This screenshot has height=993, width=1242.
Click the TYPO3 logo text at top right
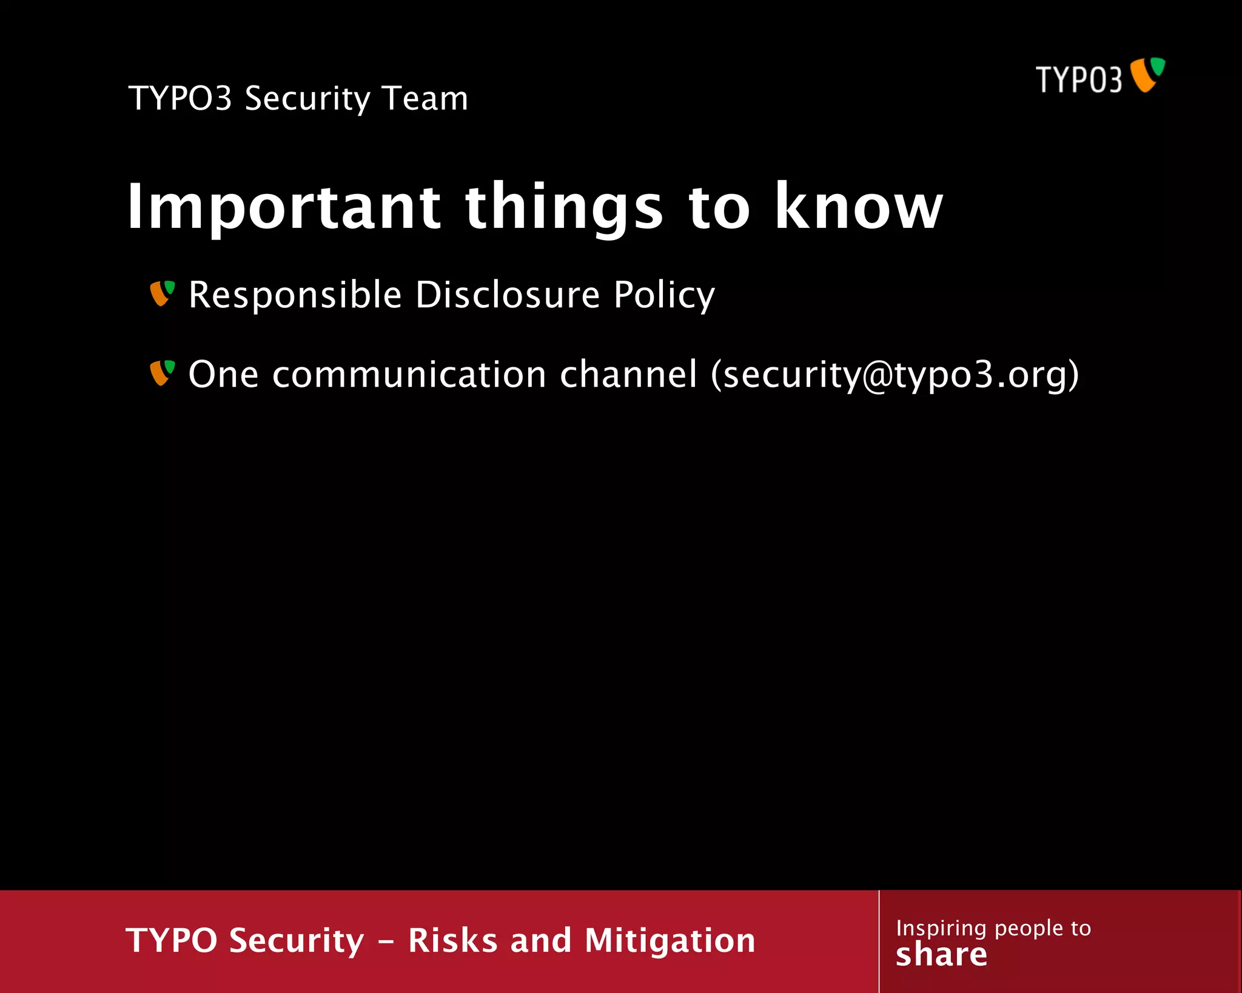(1078, 80)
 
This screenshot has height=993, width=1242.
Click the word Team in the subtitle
(425, 98)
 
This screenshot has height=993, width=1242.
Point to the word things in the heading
(564, 208)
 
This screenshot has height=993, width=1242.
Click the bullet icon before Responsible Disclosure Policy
(162, 293)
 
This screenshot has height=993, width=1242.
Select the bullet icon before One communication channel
(162, 373)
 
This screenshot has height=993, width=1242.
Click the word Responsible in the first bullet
(295, 296)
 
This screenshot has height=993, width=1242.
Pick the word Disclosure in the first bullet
(507, 295)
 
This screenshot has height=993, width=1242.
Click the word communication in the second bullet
(409, 374)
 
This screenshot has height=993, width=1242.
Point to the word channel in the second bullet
(628, 374)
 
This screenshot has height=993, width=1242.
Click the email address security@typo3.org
(895, 375)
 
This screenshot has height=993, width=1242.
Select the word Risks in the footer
(452, 941)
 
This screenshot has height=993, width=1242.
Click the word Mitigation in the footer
(670, 941)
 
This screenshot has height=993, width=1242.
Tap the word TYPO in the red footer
(172, 941)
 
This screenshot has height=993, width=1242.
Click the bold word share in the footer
(941, 955)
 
